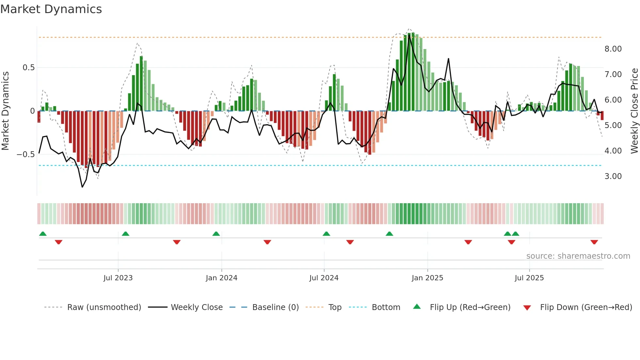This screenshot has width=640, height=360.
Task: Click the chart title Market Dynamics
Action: pyautogui.click(x=51, y=9)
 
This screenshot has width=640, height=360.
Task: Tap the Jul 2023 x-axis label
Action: pyautogui.click(x=118, y=278)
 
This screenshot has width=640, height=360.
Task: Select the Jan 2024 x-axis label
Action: pyautogui.click(x=221, y=278)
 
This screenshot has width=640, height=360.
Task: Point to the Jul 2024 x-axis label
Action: pyautogui.click(x=324, y=278)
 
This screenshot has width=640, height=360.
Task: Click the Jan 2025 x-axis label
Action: pyautogui.click(x=427, y=278)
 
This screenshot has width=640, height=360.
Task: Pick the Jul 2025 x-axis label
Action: pyautogui.click(x=529, y=278)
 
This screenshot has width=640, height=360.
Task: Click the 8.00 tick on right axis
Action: pyautogui.click(x=613, y=49)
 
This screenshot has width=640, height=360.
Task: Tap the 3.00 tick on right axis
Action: pyautogui.click(x=613, y=176)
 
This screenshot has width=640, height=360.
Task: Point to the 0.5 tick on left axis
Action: pyautogui.click(x=28, y=68)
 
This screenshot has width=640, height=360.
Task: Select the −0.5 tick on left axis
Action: pyautogui.click(x=25, y=155)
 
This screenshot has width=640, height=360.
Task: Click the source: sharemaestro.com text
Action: pyautogui.click(x=578, y=256)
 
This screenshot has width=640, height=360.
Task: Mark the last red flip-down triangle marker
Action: pyautogui.click(x=594, y=242)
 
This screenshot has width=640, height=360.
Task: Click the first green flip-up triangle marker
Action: pyautogui.click(x=43, y=234)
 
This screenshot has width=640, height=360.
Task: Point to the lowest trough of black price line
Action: pyautogui.click(x=82, y=187)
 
